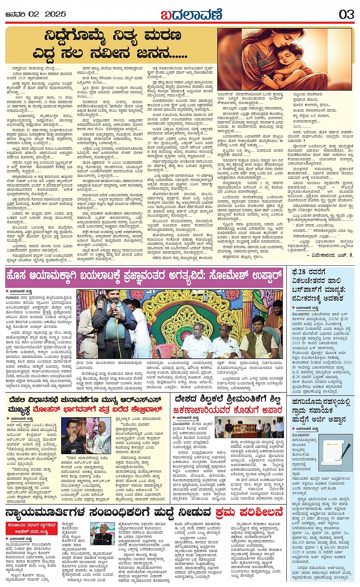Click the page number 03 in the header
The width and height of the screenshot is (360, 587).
[x=346, y=14]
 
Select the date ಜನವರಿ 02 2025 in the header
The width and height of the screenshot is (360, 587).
[x=36, y=14]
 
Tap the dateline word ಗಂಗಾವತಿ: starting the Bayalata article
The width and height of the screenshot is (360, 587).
[x=13, y=298]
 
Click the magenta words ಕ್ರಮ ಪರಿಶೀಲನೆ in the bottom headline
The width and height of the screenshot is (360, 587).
[x=249, y=512]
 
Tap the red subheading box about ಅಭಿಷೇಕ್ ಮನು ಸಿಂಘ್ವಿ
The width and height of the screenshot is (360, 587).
[x=31, y=528]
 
